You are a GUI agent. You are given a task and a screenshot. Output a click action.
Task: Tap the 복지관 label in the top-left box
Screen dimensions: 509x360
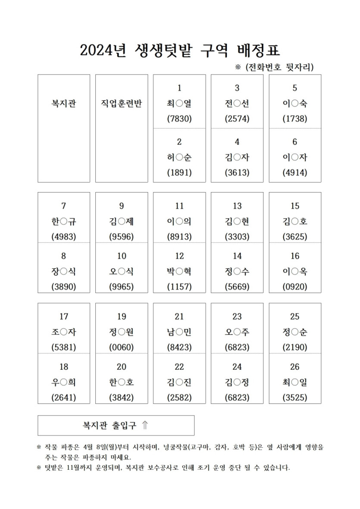click(64, 103)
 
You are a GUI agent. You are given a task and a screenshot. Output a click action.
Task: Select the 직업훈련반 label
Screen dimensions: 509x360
click(122, 103)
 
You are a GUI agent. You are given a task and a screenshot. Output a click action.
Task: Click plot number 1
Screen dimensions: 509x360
click(179, 88)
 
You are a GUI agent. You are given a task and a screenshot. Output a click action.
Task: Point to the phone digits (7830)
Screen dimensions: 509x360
click(179, 119)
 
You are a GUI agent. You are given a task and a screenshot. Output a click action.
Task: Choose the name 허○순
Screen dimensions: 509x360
click(179, 157)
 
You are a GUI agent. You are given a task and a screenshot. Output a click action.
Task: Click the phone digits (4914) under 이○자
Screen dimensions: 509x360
click(295, 173)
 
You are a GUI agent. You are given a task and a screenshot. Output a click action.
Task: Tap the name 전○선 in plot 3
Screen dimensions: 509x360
click(237, 103)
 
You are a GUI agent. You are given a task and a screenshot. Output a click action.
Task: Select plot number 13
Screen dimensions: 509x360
click(237, 206)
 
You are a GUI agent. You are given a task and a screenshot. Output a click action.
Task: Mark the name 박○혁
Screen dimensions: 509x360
click(179, 272)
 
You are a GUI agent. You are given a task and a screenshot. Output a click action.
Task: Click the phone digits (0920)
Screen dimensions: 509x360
click(295, 287)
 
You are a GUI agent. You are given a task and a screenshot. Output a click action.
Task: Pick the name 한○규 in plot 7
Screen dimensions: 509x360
click(64, 222)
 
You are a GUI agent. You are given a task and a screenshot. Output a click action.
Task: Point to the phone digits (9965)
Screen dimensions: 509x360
click(122, 287)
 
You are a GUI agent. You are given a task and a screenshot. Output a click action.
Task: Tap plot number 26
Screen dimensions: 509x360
click(295, 367)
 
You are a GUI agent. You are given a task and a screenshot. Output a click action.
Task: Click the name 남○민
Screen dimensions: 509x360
click(179, 332)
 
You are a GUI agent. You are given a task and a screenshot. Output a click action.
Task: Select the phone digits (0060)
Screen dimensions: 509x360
click(122, 347)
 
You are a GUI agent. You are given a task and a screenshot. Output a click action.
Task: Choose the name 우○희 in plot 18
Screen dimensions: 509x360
click(64, 382)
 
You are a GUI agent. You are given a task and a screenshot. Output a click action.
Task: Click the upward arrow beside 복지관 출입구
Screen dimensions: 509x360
click(145, 426)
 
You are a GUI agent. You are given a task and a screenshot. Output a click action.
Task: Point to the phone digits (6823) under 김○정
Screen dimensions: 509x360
click(237, 398)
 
